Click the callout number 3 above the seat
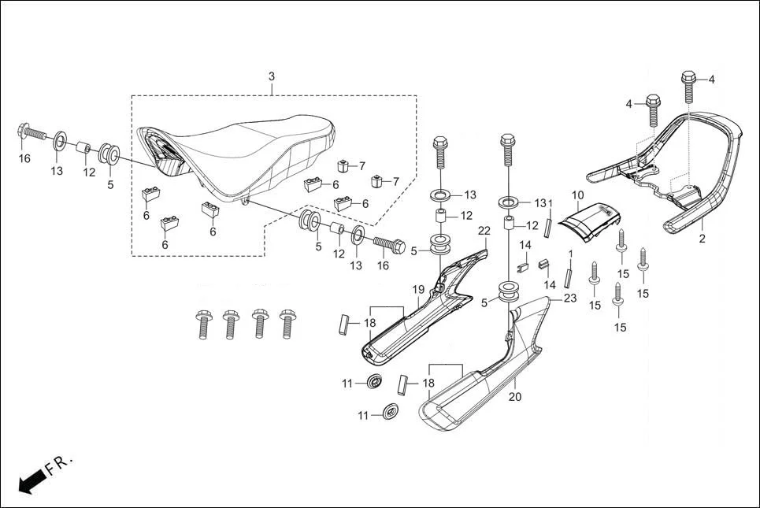[x=272, y=76]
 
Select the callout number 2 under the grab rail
[x=703, y=237]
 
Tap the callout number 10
[x=577, y=195]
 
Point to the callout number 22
[x=484, y=231]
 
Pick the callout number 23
[x=569, y=298]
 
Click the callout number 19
[x=419, y=290]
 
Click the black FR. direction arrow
[x=31, y=479]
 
